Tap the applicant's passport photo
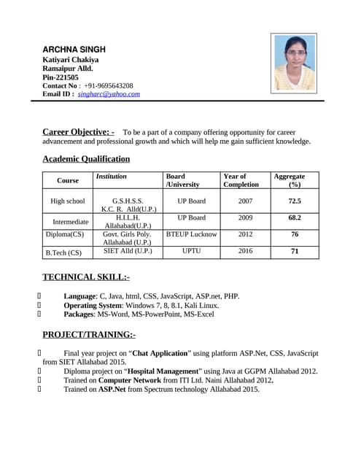[293, 63]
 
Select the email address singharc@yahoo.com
[109, 94]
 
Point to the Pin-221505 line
[61, 77]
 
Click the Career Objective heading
[78, 131]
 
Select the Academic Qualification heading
[86, 159]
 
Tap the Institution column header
[111, 177]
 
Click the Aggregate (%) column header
[290, 180]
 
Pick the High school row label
[67, 201]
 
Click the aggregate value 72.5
[295, 201]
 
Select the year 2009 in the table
[245, 217]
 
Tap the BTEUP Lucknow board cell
[192, 234]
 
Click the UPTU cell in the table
[192, 251]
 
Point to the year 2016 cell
[245, 251]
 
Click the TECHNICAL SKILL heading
[86, 277]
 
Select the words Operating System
[93, 305]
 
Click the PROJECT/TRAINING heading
[89, 335]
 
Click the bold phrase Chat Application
[160, 352]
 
